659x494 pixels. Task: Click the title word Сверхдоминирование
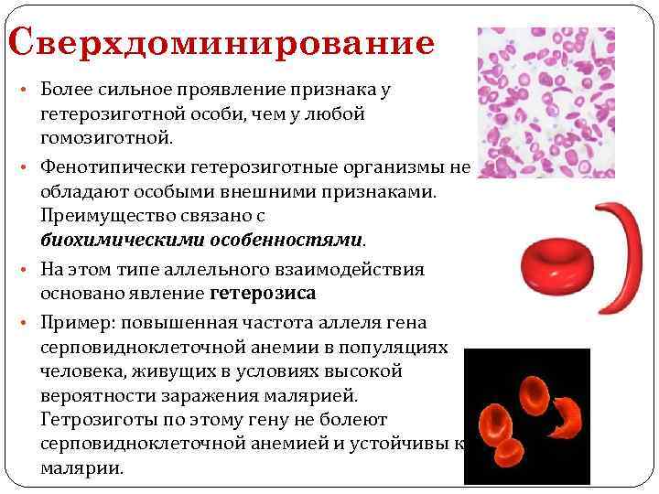point(220,44)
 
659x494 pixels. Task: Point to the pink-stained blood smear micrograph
point(546,102)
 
